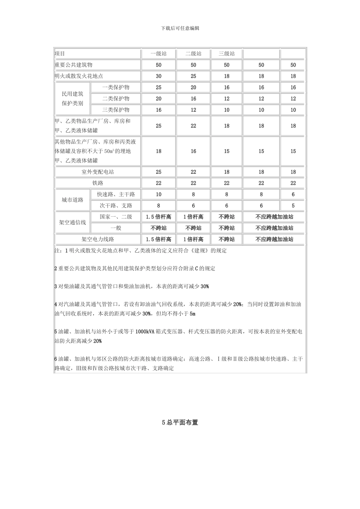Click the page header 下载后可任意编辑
[x=180, y=28]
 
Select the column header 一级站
[x=158, y=54]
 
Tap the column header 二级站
[x=193, y=54]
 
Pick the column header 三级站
[x=227, y=54]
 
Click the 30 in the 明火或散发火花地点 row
[x=158, y=76]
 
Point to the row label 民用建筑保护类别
[x=73, y=98]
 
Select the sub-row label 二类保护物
[x=116, y=98]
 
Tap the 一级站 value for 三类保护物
[x=158, y=110]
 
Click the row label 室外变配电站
[x=98, y=172]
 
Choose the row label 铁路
[x=98, y=183]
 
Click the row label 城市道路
[x=73, y=200]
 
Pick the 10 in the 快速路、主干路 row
[x=158, y=195]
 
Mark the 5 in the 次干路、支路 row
[x=293, y=206]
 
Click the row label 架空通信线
[x=73, y=222]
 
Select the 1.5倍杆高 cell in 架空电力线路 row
[x=158, y=239]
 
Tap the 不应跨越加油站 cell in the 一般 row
[x=274, y=228]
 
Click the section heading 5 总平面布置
[x=180, y=423]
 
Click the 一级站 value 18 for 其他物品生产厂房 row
[x=158, y=151]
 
